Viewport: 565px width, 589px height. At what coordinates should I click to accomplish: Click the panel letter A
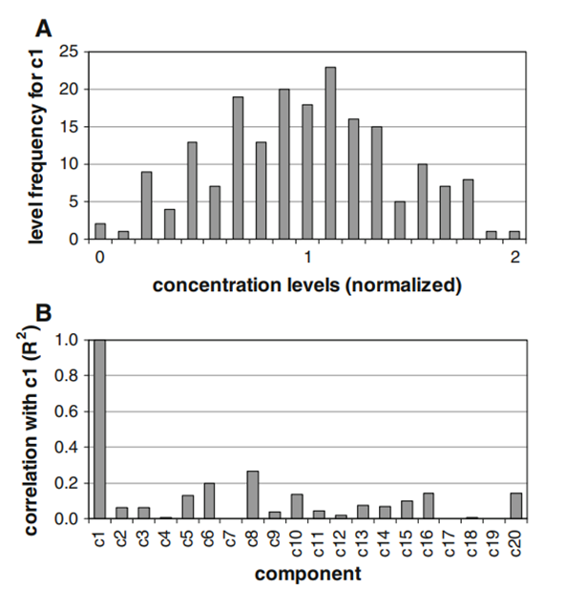click(44, 29)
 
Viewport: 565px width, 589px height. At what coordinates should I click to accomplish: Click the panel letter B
click(44, 312)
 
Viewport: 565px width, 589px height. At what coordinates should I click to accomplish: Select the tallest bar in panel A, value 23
click(330, 154)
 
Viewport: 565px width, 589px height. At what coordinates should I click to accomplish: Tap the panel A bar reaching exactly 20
click(284, 164)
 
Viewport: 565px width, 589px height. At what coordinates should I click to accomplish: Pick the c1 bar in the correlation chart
click(100, 429)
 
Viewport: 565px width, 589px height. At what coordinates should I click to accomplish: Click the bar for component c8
click(253, 494)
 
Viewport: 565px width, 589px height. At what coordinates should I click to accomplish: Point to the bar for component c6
click(209, 501)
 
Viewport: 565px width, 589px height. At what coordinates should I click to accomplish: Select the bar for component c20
click(516, 506)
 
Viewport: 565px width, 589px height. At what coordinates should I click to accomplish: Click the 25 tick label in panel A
click(69, 52)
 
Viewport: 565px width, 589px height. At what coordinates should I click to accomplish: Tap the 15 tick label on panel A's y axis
click(69, 127)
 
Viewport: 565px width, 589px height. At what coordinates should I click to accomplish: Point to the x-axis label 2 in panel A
click(515, 257)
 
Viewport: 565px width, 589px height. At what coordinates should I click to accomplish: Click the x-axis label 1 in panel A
click(308, 257)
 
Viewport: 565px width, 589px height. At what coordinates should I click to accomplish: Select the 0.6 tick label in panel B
click(67, 411)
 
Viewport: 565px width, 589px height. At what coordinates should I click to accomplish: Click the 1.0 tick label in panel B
click(67, 340)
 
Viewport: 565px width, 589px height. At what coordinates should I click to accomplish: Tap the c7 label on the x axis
click(231, 537)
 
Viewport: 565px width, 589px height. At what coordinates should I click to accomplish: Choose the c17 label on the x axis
click(450, 542)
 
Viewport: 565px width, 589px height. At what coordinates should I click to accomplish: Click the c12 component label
click(341, 542)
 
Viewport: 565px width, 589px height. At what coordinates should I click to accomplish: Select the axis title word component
click(308, 575)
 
